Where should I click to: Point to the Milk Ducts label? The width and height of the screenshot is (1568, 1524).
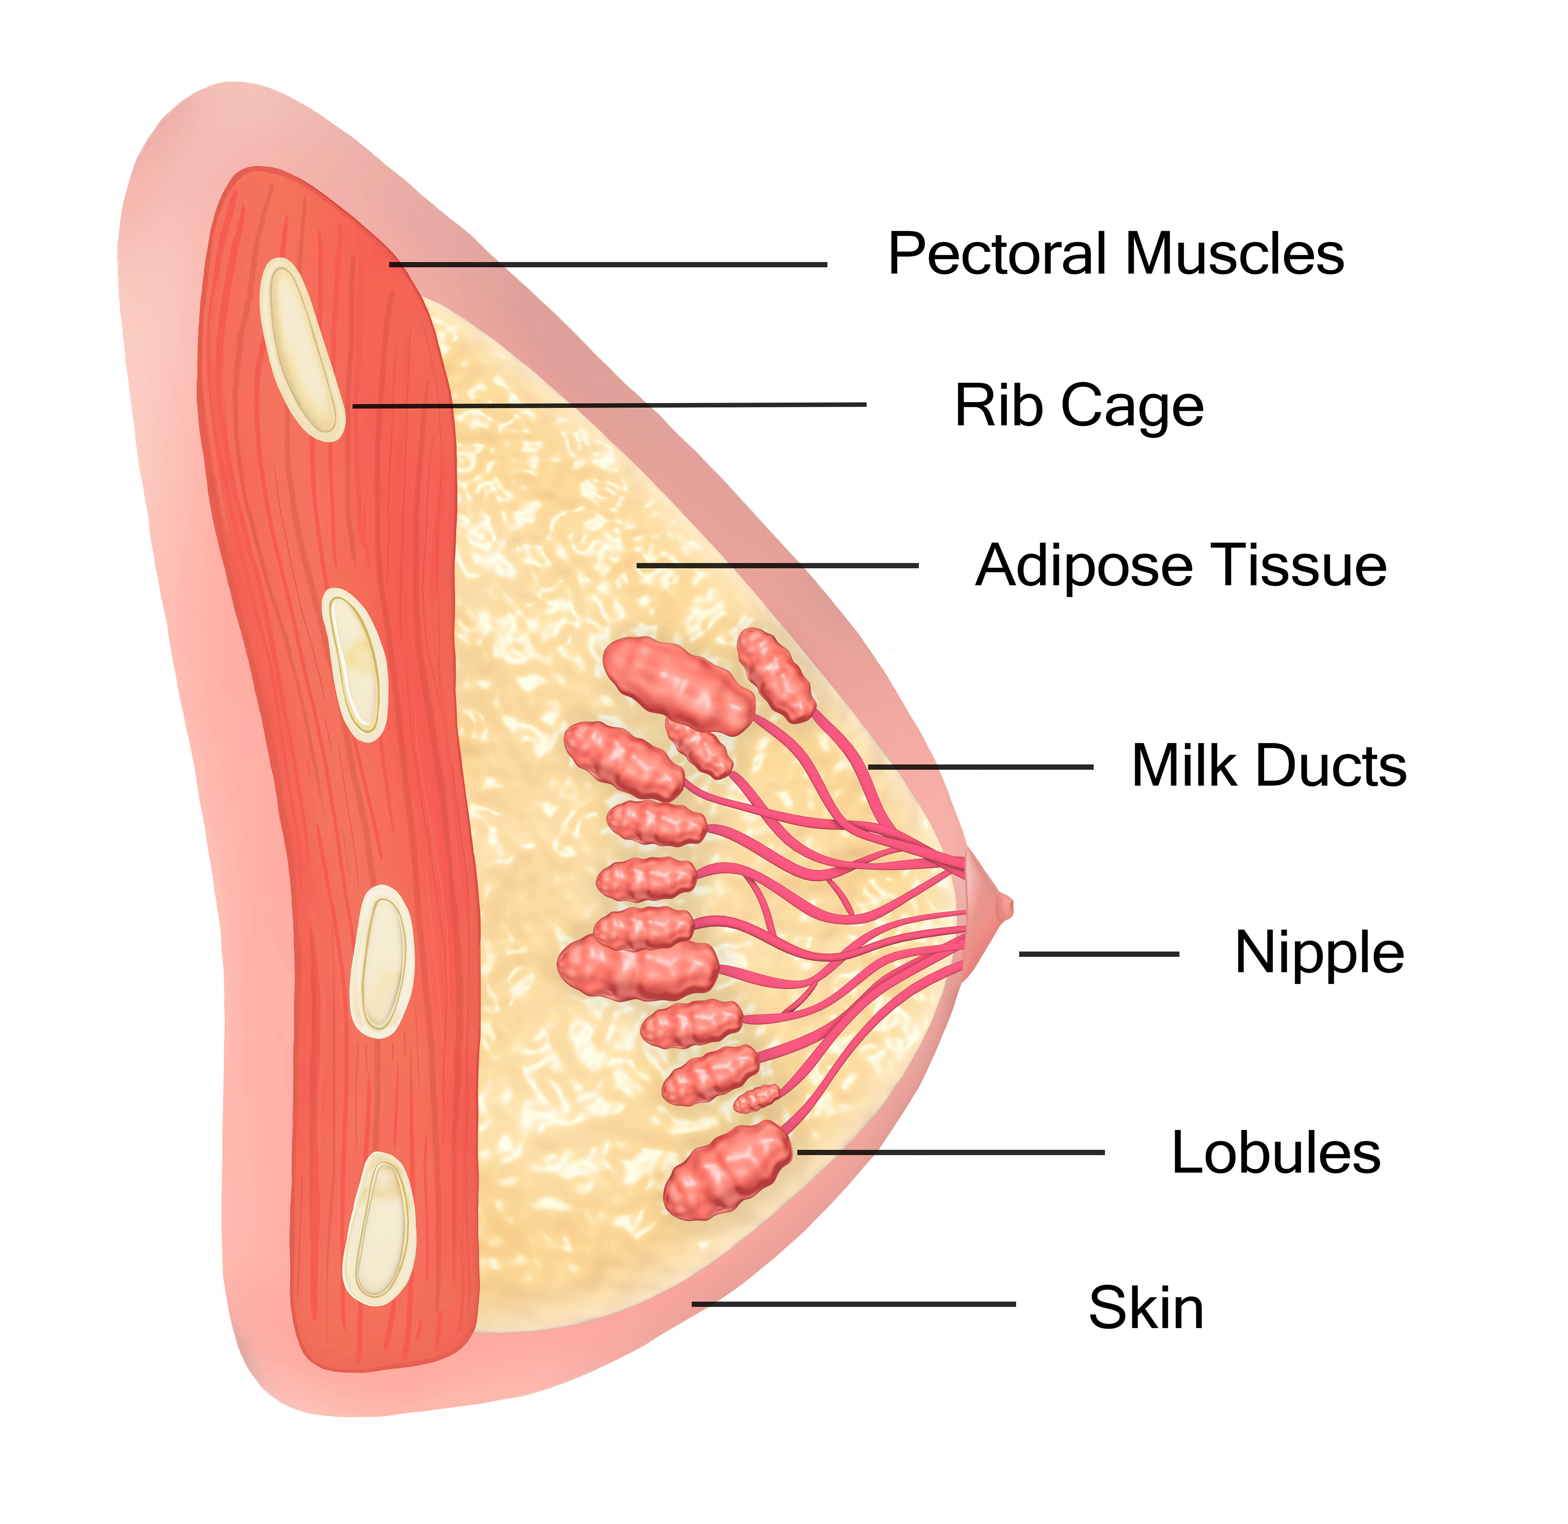pyautogui.click(x=1269, y=766)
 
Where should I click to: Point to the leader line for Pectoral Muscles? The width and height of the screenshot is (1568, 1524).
pyautogui.click(x=608, y=264)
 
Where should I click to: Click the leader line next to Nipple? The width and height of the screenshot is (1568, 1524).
pyautogui.click(x=1098, y=954)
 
